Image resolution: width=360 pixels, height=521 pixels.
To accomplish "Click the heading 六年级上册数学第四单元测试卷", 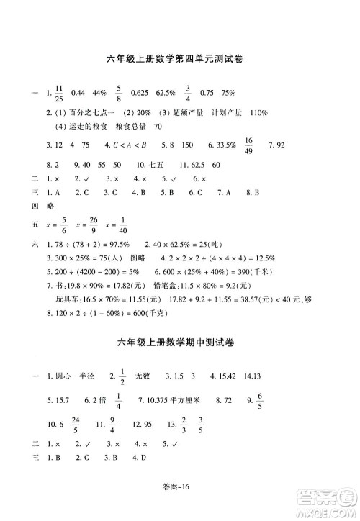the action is click(x=179, y=62).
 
